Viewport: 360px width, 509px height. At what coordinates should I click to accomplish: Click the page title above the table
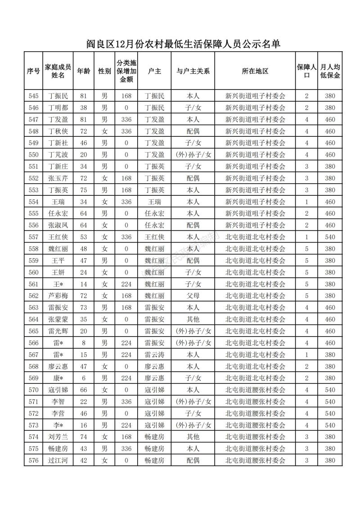[180, 44]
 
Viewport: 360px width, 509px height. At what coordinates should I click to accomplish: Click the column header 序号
[33, 71]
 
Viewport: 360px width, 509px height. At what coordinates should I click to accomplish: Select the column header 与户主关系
[193, 71]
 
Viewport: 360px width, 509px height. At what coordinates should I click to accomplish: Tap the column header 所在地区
[255, 71]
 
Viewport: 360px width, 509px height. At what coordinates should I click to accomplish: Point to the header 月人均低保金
[330, 71]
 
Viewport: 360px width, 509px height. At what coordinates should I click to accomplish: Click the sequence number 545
[33, 96]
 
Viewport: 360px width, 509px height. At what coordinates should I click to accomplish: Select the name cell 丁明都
[58, 108]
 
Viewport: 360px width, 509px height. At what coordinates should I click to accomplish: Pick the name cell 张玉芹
[58, 178]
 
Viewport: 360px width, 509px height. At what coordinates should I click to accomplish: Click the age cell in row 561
[83, 284]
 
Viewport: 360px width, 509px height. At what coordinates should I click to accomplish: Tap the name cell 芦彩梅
[58, 296]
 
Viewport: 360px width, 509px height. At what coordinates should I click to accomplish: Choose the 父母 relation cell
[193, 296]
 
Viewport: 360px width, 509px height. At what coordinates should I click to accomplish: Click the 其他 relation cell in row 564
[193, 319]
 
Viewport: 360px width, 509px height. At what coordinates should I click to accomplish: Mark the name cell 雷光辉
[58, 331]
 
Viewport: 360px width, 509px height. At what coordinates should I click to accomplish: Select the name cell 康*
[58, 378]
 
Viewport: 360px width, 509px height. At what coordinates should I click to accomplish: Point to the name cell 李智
[58, 401]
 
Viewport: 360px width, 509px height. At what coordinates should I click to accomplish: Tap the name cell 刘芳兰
[58, 437]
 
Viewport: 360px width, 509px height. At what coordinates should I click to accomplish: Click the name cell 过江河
[58, 460]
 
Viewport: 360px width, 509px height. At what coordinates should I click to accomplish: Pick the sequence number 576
[33, 460]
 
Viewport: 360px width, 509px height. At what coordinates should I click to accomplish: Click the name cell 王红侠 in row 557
[58, 237]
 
